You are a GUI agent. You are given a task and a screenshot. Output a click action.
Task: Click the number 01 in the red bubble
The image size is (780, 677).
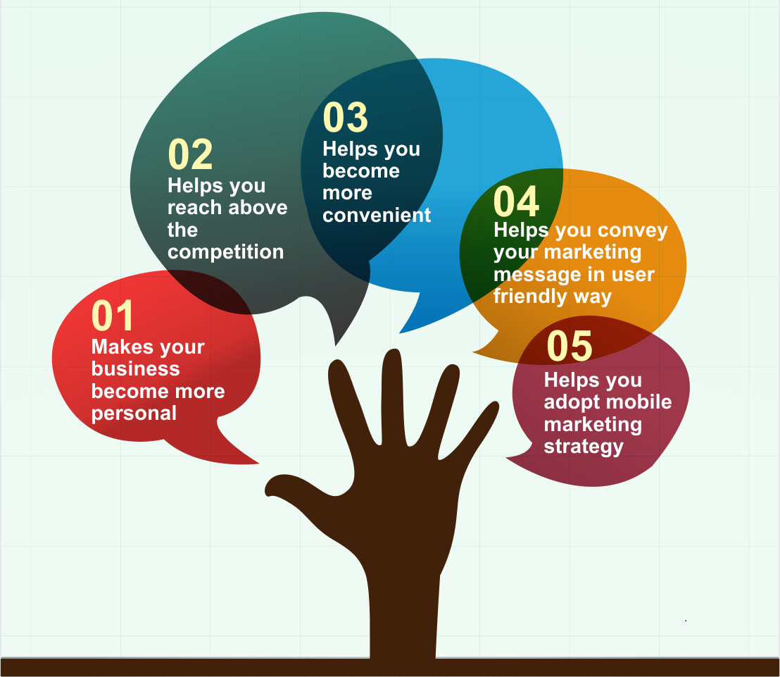point(113,316)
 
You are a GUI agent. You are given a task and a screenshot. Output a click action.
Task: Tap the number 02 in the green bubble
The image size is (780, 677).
point(191,154)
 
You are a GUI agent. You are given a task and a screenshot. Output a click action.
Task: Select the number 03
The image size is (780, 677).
point(346,118)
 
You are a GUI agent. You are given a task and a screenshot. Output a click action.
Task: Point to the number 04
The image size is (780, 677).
point(516,201)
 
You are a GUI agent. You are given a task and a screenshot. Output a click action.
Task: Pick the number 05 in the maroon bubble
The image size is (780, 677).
point(570,346)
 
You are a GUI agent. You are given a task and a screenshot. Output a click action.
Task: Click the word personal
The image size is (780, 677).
point(134,414)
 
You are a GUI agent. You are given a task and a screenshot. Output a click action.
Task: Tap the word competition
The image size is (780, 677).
point(226,252)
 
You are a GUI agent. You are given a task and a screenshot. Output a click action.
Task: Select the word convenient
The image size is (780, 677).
point(377,215)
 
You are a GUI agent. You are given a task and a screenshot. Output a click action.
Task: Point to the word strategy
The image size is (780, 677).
point(584,447)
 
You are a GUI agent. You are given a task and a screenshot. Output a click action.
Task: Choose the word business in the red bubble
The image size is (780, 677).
point(136,369)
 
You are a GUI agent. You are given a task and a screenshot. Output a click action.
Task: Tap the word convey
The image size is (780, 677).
point(633,230)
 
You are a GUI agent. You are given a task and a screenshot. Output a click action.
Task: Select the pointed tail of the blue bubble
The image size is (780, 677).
point(401,333)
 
